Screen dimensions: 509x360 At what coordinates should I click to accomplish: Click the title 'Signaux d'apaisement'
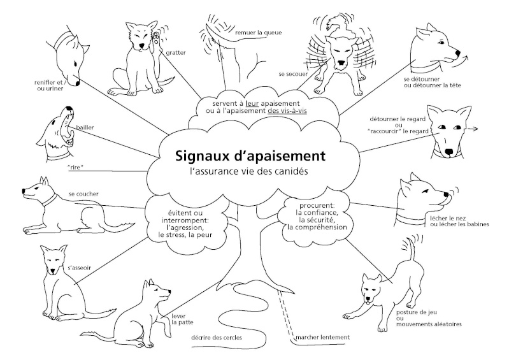click(250, 155)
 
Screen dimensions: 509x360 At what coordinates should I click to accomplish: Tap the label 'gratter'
click(176, 53)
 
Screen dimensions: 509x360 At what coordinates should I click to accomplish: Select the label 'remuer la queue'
click(259, 32)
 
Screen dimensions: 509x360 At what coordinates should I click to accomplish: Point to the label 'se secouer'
click(293, 74)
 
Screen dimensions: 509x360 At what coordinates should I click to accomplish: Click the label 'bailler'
click(85, 127)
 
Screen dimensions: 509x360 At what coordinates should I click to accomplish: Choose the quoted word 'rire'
click(75, 168)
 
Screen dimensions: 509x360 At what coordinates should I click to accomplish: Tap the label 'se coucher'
click(83, 194)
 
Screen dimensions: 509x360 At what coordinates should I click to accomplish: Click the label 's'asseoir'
click(79, 268)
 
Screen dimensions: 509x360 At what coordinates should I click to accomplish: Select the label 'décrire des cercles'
click(217, 338)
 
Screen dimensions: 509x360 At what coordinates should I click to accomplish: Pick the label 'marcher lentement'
click(323, 337)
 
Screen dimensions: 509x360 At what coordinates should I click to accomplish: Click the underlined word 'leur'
click(252, 104)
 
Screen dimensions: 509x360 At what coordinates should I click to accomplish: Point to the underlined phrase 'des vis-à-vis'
click(287, 110)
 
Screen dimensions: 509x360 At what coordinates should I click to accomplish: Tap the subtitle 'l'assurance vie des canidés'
click(249, 171)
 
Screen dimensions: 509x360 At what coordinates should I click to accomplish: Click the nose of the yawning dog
click(69, 108)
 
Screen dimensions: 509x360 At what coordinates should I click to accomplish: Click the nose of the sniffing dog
click(78, 83)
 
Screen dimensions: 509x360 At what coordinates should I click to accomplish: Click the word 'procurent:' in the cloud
click(317, 205)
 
